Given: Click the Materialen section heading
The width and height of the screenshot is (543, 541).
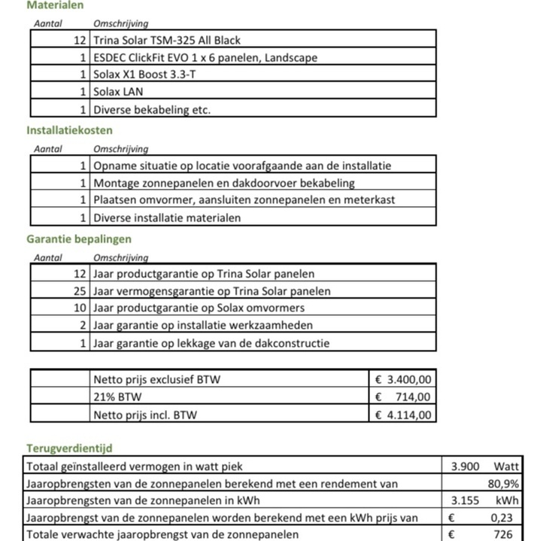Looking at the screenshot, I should (x=55, y=5).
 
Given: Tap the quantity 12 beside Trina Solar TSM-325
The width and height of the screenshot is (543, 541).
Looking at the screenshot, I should (x=80, y=40).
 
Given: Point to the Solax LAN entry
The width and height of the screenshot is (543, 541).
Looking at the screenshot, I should (x=118, y=92).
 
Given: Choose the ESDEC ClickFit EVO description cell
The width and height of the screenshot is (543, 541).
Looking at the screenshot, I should (x=205, y=57).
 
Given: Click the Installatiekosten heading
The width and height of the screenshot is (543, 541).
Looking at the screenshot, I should (x=69, y=130).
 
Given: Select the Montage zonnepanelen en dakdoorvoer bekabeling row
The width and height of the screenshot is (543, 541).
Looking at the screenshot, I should (x=224, y=183).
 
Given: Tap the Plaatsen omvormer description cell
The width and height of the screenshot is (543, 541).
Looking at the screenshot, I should (x=244, y=200).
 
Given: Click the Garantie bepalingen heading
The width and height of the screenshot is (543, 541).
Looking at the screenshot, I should (x=79, y=239).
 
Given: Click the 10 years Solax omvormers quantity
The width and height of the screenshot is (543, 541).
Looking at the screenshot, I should (x=80, y=308).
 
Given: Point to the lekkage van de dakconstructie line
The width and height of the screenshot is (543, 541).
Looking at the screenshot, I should (x=211, y=343).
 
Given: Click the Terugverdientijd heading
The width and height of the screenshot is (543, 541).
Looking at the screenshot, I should (x=69, y=448).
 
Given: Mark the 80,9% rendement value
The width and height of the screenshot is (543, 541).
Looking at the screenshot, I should (x=503, y=484).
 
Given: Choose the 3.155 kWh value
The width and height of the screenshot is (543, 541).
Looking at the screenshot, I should (x=465, y=500).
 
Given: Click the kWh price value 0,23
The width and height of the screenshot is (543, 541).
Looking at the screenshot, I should (x=501, y=518).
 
